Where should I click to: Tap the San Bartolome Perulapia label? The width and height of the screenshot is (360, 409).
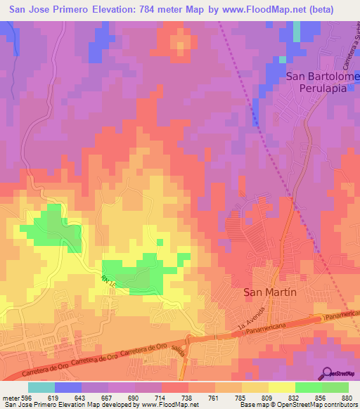tap(323, 83)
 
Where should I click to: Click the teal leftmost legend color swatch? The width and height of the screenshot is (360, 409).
tap(41, 387)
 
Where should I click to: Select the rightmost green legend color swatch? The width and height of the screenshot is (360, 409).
tap(335, 387)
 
